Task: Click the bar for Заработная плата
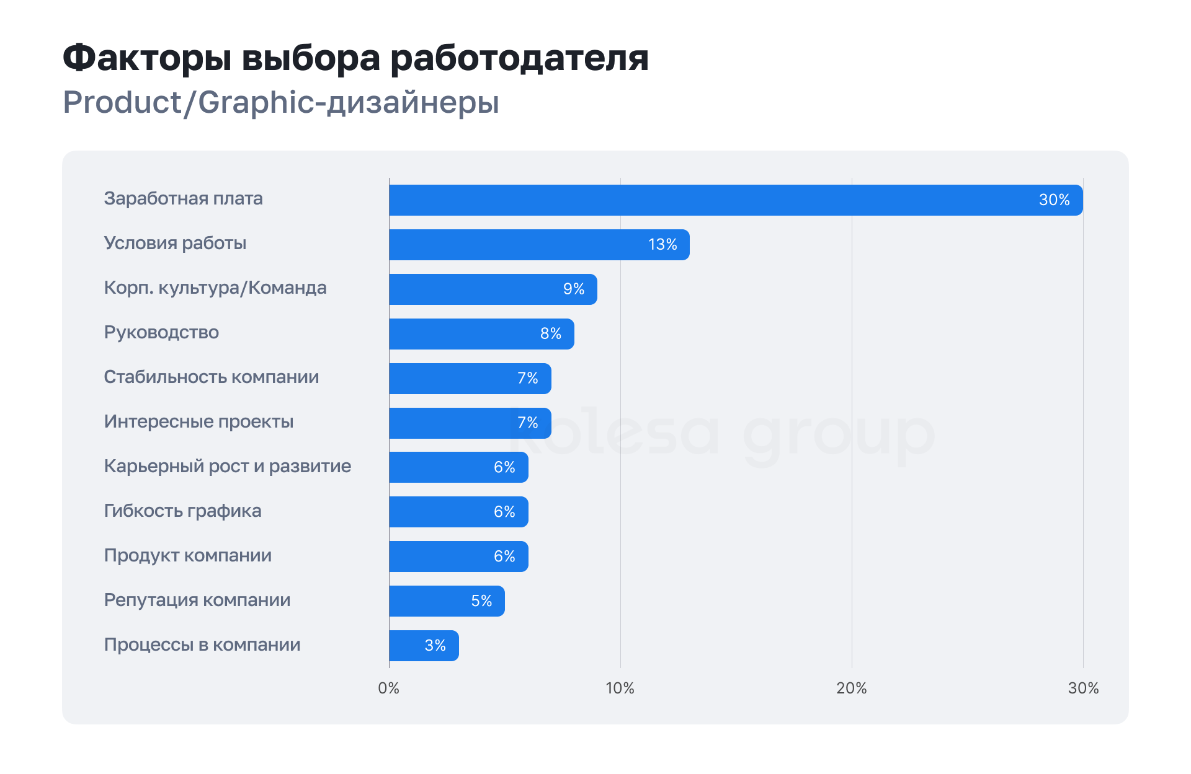(x=735, y=200)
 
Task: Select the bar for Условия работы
(x=538, y=245)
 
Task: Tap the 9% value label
(x=574, y=289)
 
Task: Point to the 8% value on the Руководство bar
(x=551, y=334)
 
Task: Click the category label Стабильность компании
(x=211, y=377)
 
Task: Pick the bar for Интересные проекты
(x=470, y=423)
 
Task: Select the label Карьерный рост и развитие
(x=227, y=466)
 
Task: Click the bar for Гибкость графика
(x=458, y=512)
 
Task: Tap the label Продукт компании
(x=187, y=555)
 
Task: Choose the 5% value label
(x=481, y=601)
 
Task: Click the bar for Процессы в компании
(x=423, y=646)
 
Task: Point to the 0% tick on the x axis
(x=389, y=688)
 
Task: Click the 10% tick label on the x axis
(x=620, y=688)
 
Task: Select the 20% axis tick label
(x=852, y=688)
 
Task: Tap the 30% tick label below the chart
(x=1083, y=688)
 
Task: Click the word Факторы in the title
(x=147, y=58)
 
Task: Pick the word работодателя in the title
(x=519, y=58)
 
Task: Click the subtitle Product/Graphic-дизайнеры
(x=281, y=102)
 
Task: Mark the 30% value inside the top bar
(x=1054, y=200)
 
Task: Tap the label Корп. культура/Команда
(x=215, y=288)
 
